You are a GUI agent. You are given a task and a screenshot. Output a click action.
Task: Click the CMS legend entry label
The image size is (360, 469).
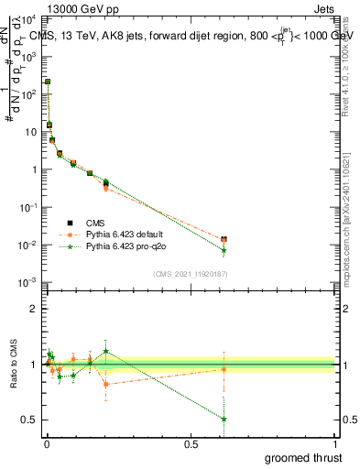pyautogui.click(x=96, y=223)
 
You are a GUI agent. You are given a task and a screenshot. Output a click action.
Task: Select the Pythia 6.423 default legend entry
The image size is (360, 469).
pyautogui.click(x=129, y=234)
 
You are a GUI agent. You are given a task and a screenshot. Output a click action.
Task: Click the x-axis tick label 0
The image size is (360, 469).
pyautogui.click(x=47, y=443)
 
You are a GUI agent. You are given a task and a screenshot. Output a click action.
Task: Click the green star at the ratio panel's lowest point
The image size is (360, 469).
pyautogui.click(x=224, y=419)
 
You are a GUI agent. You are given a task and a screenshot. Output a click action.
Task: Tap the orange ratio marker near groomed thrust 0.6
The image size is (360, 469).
pyautogui.click(x=224, y=369)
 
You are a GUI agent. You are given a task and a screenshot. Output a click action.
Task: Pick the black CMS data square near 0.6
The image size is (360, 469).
pyautogui.click(x=224, y=239)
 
